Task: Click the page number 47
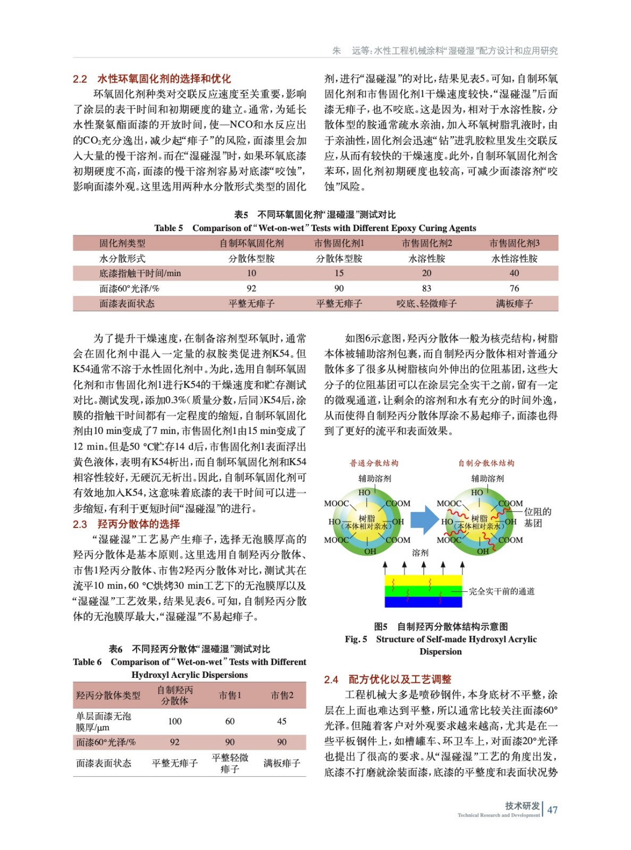tap(552, 810)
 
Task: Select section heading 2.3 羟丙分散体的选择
tap(127, 524)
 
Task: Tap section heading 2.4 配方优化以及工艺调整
tap(388, 679)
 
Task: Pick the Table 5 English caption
tap(315, 228)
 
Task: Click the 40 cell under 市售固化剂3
tap(514, 273)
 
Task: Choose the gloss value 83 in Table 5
tap(426, 288)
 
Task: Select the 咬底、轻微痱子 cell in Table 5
tap(426, 303)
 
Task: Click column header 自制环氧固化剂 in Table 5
tap(251, 243)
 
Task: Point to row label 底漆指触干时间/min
tap(140, 273)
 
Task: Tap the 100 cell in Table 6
tap(174, 721)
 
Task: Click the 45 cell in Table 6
tap(282, 721)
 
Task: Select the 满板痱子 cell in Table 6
tap(282, 763)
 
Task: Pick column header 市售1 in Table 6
tap(230, 695)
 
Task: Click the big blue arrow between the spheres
tap(423, 520)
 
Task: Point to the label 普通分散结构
tap(374, 463)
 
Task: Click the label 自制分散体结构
tap(486, 463)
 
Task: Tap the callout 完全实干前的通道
tap(501, 591)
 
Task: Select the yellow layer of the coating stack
tap(423, 581)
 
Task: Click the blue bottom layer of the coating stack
tap(423, 602)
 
